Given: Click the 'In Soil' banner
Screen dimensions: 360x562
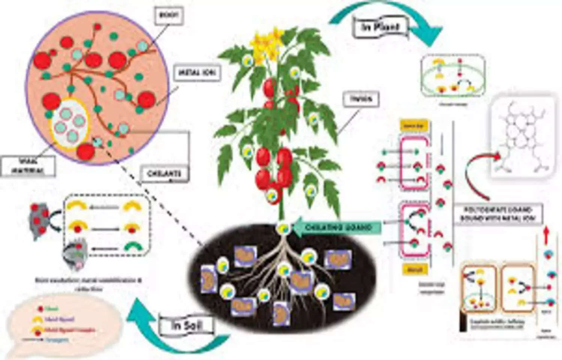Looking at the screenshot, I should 187,325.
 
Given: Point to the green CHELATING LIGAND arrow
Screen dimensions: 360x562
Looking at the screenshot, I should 337,227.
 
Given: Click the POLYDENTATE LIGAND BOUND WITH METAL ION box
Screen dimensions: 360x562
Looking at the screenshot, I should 498,214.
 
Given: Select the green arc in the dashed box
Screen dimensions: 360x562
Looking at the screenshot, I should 132,248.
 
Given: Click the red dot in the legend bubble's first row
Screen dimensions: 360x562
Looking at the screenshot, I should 40,309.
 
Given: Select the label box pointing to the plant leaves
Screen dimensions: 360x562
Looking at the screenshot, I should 362,99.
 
